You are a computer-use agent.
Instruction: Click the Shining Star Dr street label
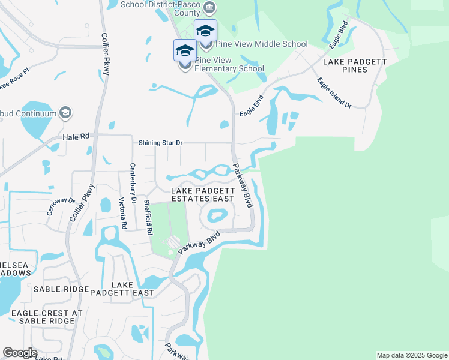pos(160,143)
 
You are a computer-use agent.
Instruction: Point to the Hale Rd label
pos(76,137)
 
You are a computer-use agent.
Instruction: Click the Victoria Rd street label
pos(122,214)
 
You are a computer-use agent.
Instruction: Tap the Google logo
pos(20,353)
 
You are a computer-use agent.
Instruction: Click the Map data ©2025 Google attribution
pos(412,355)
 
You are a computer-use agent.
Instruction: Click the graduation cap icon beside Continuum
pos(65,113)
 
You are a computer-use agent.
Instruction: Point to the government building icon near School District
pos(209,7)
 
